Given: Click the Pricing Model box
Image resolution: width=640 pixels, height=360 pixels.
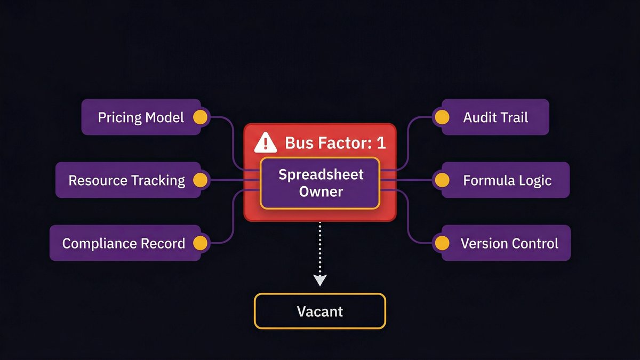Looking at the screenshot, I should coord(141,117).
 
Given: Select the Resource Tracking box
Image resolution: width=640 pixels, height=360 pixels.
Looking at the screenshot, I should coord(127,180).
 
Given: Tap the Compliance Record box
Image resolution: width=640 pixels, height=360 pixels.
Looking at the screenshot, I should coord(124,243).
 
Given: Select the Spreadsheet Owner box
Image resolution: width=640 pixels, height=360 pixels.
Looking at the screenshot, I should coord(320,183).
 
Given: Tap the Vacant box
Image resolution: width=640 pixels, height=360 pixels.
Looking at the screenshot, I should coord(320,311).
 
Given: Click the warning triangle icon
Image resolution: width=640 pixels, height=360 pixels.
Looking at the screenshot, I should coord(265,142).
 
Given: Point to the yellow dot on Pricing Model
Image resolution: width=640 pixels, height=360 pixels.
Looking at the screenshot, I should coord(200,117).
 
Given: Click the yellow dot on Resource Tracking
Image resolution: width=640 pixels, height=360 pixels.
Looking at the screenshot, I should coord(200,180).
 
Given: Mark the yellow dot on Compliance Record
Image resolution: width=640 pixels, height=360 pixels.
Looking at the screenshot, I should coord(200,243).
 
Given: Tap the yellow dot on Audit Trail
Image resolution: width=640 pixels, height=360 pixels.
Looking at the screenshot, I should coord(441,117).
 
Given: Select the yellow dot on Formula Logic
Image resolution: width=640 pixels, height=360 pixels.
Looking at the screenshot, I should coord(441,180).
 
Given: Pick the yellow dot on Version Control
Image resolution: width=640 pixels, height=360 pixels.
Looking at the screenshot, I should coord(441,243).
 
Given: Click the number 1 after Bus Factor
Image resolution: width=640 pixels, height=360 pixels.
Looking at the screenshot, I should coord(380,143).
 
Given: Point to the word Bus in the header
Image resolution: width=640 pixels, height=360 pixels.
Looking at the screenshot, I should coord(297,143).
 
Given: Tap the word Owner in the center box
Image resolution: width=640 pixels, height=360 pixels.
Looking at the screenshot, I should coord(321,191).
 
